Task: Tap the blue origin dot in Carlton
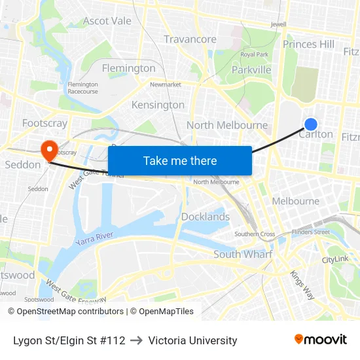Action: [x=311, y=124]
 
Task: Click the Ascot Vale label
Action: [x=107, y=21]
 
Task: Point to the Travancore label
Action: [x=190, y=39]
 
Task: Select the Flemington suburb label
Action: [x=129, y=68]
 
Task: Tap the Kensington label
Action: [x=158, y=105]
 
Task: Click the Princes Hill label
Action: [x=308, y=45]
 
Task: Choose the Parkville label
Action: [x=251, y=69]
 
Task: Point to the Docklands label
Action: [x=206, y=217]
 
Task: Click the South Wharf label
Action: [x=243, y=254]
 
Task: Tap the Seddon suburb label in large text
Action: [x=22, y=164]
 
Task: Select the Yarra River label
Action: [x=94, y=238]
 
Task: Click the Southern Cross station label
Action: [x=255, y=234]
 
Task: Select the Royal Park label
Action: [x=254, y=54]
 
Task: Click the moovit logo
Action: [x=321, y=339]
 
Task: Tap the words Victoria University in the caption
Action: [x=192, y=340]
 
